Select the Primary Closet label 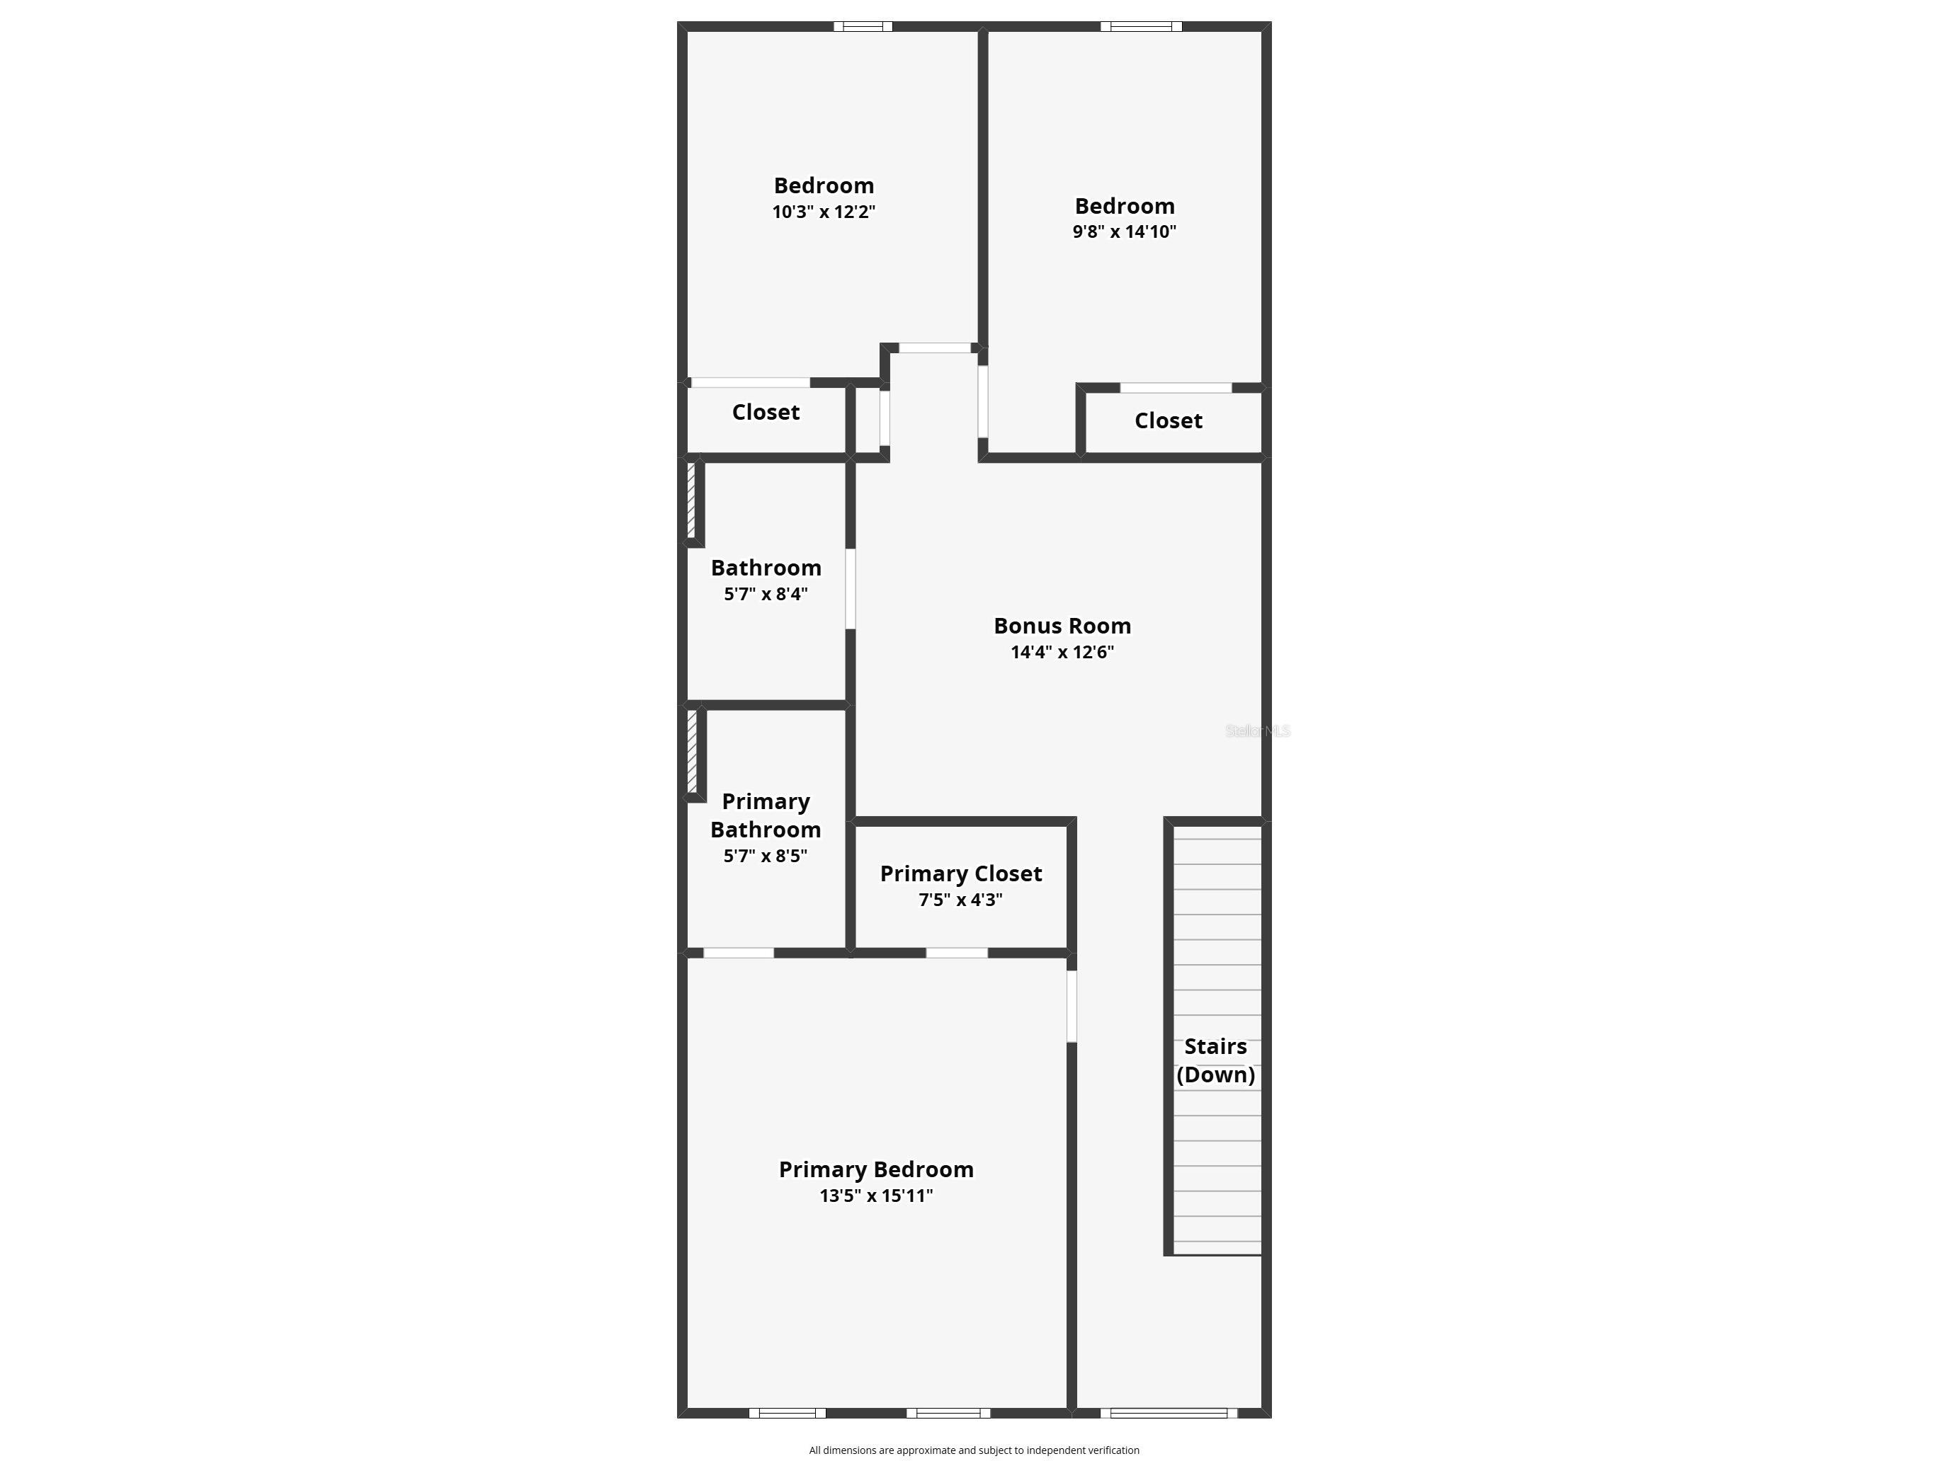point(960,873)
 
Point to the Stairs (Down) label point(1215,1060)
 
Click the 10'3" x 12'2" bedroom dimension point(823,212)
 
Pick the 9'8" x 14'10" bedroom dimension point(1125,231)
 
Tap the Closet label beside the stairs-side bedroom point(1169,421)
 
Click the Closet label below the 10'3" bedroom point(766,412)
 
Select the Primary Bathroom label point(766,815)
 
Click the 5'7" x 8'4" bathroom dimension point(766,594)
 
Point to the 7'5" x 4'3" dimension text point(960,899)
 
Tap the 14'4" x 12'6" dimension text point(1062,652)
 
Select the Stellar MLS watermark point(1257,731)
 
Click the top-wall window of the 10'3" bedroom point(863,26)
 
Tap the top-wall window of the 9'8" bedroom point(1141,26)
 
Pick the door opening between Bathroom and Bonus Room point(851,588)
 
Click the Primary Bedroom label point(876,1169)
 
